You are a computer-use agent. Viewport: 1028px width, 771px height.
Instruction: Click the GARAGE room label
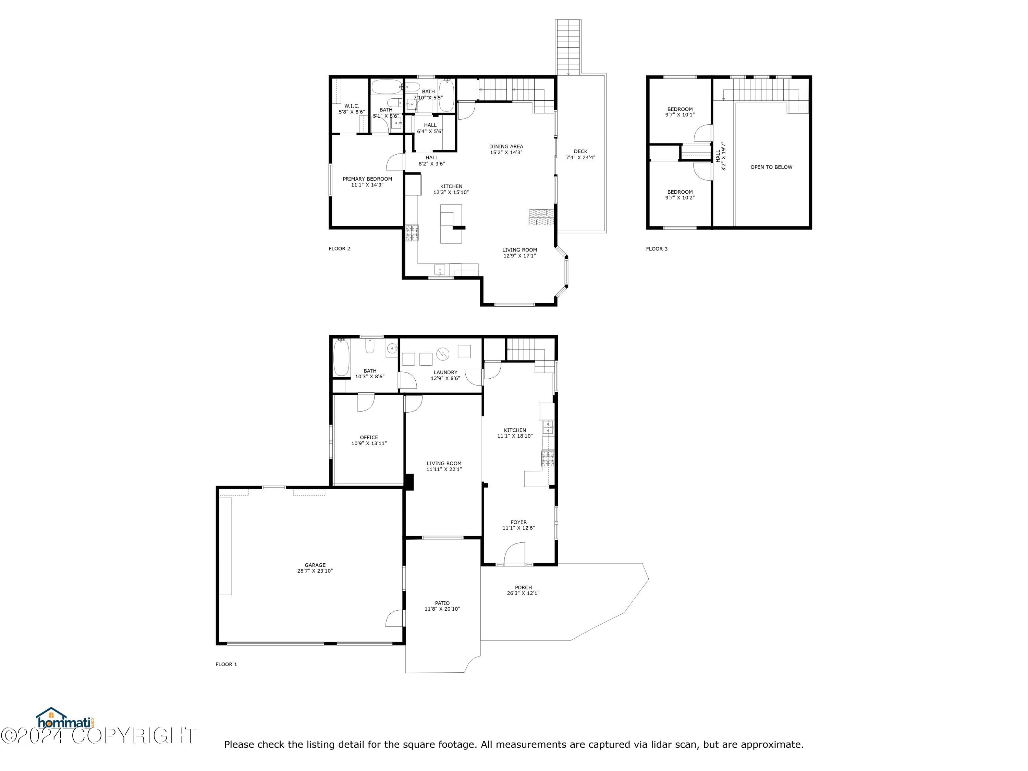[315, 565]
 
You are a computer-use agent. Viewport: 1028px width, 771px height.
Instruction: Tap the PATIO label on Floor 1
[442, 603]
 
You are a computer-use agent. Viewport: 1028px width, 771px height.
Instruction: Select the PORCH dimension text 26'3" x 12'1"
[523, 593]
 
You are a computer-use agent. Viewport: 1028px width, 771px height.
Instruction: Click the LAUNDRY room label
[445, 372]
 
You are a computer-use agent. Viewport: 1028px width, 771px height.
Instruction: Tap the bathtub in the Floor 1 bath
[341, 357]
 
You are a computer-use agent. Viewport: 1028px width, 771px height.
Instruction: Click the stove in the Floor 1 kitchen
[548, 459]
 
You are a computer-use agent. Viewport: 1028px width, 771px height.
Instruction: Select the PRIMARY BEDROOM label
[367, 179]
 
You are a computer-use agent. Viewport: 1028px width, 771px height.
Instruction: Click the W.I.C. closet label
[351, 106]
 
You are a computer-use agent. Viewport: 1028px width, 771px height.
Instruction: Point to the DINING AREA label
[506, 146]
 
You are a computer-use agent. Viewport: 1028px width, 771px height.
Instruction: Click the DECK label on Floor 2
[580, 151]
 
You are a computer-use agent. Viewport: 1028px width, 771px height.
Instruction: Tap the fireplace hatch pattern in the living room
[541, 217]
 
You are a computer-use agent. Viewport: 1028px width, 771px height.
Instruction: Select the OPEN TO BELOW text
[771, 167]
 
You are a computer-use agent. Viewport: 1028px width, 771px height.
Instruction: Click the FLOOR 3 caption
[656, 249]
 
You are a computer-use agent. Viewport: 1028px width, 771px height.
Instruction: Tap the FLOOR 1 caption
[226, 664]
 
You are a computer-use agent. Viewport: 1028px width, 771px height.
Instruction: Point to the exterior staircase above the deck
[568, 47]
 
